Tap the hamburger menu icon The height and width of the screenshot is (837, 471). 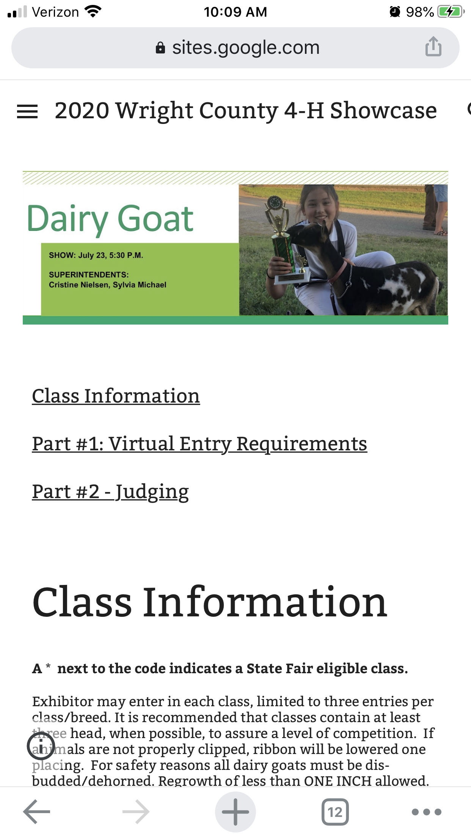coord(27,111)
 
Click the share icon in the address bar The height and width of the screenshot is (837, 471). coord(433,47)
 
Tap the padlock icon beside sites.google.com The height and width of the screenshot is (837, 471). coord(160,48)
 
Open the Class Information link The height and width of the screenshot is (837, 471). coord(116,396)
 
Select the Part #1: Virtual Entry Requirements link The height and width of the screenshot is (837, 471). coord(199,444)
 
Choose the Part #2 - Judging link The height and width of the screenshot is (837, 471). coord(110,492)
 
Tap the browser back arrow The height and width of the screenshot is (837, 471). coord(37,812)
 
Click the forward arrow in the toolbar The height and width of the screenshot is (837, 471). coord(136,812)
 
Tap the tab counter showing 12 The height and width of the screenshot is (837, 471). coord(335,812)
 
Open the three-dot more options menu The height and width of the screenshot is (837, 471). coord(427,812)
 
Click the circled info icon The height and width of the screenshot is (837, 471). coord(41,745)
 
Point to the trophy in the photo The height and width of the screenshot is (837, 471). coord(283,239)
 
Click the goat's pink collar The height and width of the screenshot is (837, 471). coord(339,272)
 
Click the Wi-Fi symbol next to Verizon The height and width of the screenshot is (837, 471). coord(93,12)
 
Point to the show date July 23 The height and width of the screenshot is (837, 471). coord(92,255)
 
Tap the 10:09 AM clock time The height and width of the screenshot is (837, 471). coord(235,12)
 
